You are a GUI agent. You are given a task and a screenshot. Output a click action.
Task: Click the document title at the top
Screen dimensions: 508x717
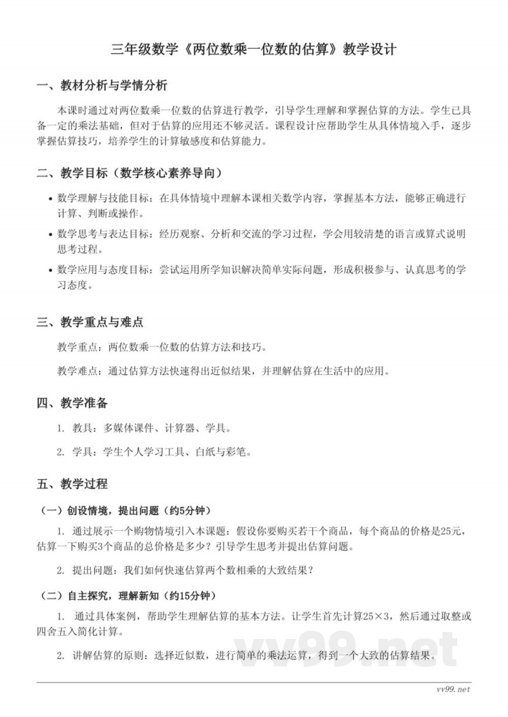(254, 49)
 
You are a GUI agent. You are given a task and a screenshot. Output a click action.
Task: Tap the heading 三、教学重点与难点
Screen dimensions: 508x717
(90, 322)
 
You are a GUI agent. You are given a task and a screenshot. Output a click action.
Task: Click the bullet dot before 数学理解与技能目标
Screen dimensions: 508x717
(50, 199)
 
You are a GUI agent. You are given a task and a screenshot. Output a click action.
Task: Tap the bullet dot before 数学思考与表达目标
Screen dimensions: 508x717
(50, 235)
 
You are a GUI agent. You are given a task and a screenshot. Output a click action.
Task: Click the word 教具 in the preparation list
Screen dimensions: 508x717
(83, 428)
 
